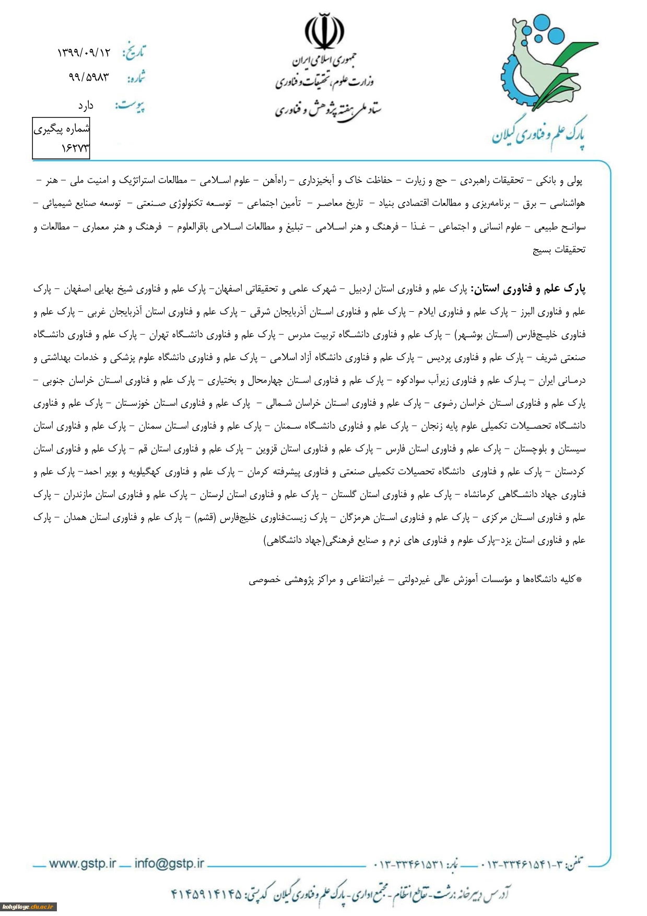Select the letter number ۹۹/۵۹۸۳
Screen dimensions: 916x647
[89, 77]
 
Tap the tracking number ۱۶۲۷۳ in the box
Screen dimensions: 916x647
[75, 148]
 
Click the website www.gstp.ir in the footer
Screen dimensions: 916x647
[83, 863]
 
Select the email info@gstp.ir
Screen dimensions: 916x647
[169, 863]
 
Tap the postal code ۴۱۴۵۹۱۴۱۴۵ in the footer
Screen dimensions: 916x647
[207, 894]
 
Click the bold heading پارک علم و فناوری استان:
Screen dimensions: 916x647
[528, 288]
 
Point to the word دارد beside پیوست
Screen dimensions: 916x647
[86, 106]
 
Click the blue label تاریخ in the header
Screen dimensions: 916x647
[134, 52]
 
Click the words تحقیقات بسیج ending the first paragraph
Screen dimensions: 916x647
[559, 250]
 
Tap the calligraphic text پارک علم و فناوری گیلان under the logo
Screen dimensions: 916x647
[538, 134]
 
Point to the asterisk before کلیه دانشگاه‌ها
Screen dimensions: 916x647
[579, 579]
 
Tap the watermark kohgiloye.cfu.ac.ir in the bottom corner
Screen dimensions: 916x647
[28, 907]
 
